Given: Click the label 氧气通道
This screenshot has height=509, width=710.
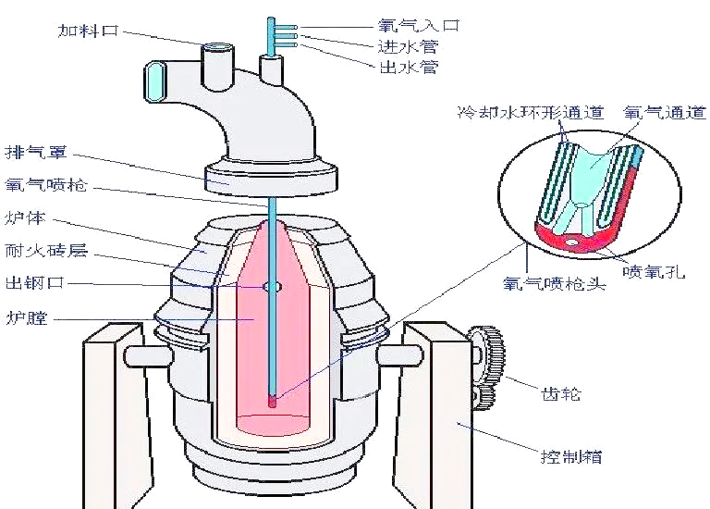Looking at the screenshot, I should (x=655, y=113).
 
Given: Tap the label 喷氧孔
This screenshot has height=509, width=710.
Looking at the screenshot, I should (x=654, y=273).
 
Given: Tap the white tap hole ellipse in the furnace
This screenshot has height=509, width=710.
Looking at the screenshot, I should (x=272, y=287).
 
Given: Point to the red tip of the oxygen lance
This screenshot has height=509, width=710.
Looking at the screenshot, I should (x=272, y=402).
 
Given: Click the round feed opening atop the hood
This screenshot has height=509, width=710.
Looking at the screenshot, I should (x=219, y=47).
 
